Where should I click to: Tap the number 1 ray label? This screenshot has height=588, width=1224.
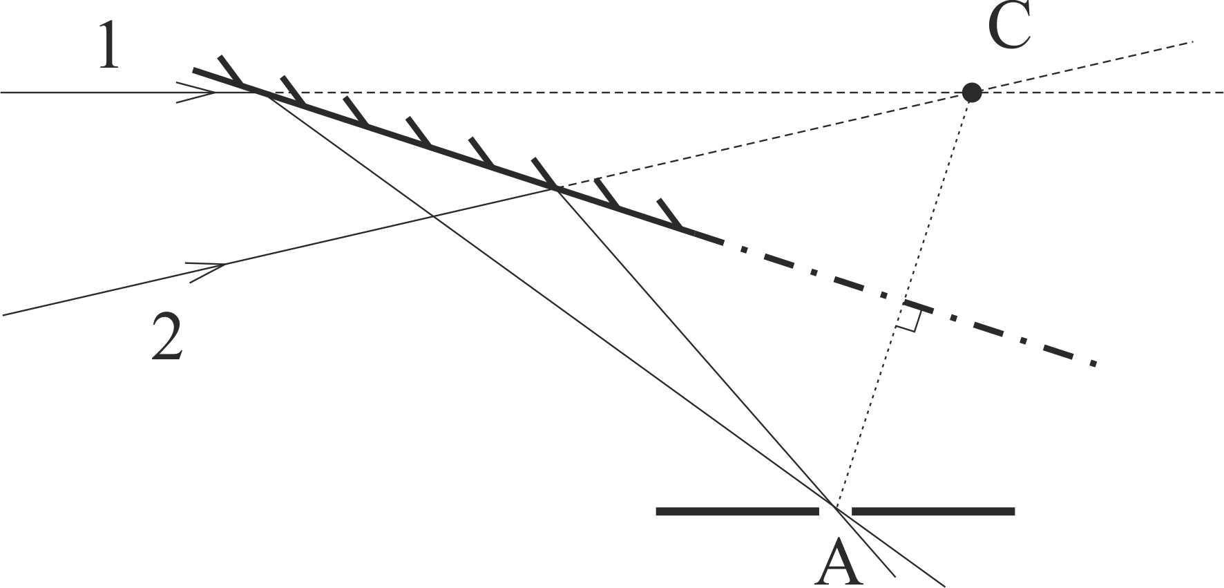click(x=109, y=46)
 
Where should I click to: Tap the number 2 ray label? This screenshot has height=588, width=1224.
click(x=168, y=336)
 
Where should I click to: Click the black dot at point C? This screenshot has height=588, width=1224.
click(x=972, y=92)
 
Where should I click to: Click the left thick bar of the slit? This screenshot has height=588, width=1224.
click(x=737, y=511)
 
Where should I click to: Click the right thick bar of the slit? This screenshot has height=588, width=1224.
click(x=933, y=511)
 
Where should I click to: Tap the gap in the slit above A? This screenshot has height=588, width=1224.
click(x=836, y=511)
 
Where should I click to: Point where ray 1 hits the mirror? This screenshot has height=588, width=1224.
click(x=259, y=92)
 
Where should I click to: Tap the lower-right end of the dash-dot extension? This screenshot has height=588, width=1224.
click(x=1096, y=363)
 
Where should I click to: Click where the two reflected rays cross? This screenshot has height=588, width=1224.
click(x=836, y=510)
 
